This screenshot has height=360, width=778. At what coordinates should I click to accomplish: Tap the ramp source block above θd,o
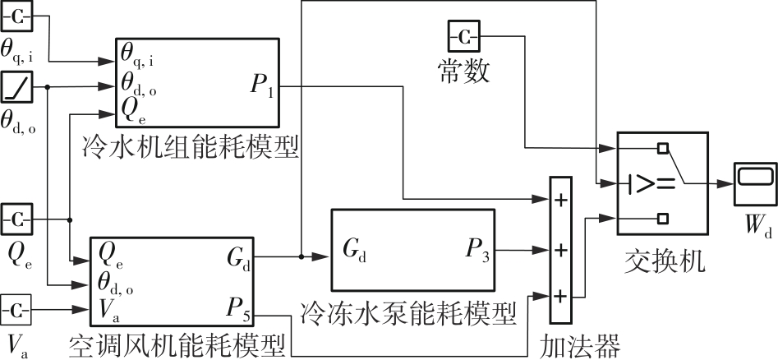point(17,85)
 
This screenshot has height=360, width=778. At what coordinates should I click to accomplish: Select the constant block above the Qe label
point(17,220)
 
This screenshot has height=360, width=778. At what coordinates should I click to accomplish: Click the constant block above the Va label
point(17,311)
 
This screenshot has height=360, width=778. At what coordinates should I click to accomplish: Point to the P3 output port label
point(474,248)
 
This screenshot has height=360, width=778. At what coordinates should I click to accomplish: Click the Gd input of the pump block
point(351,248)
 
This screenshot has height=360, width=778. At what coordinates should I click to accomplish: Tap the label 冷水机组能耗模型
point(190,147)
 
